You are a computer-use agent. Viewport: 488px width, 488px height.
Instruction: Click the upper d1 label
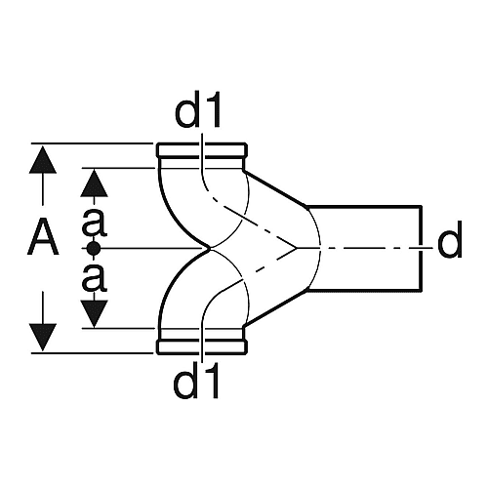(x=197, y=109)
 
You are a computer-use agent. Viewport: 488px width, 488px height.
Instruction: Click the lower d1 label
(x=196, y=380)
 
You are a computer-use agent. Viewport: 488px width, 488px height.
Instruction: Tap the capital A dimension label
(x=43, y=236)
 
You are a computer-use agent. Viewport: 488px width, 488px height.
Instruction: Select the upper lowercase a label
(x=95, y=223)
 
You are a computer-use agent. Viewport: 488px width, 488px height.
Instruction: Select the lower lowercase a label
(x=95, y=277)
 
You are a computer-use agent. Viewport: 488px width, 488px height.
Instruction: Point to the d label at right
(x=450, y=239)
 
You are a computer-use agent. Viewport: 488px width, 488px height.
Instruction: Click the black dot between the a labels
(x=94, y=249)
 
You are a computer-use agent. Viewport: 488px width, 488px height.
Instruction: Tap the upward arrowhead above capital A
(x=43, y=160)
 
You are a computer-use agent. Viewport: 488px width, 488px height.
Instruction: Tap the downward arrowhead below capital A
(x=43, y=338)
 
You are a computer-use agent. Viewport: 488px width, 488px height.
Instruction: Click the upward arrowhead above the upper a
(x=94, y=183)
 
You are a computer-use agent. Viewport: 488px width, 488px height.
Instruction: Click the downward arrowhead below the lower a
(x=94, y=314)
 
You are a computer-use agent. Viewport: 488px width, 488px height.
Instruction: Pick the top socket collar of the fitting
(x=202, y=150)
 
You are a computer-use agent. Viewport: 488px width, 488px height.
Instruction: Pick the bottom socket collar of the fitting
(x=202, y=346)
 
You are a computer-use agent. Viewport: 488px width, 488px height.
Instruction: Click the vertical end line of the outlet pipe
(x=421, y=248)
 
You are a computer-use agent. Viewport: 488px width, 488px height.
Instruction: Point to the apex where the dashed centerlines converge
(x=296, y=249)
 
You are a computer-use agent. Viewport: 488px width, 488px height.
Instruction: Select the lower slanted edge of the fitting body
(x=276, y=307)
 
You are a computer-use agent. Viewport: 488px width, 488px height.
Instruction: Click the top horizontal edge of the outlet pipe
(x=364, y=206)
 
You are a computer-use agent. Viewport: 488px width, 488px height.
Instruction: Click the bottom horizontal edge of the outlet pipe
(x=364, y=290)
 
